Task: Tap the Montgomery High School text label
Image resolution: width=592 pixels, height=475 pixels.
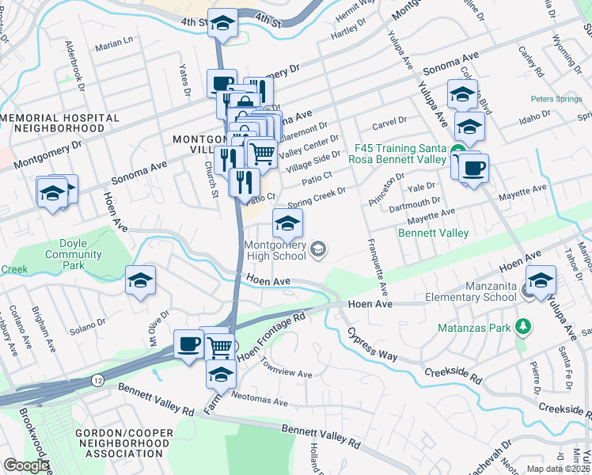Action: [x=275, y=250]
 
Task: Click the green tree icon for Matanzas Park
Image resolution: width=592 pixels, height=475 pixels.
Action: [x=522, y=326]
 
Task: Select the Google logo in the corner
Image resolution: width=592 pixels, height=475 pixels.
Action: [x=26, y=465]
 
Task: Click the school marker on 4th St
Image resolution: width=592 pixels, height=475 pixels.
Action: [x=222, y=25]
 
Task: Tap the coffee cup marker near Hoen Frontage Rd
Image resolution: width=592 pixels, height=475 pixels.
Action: [x=189, y=345]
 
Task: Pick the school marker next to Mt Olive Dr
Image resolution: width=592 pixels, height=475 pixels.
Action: [x=140, y=281]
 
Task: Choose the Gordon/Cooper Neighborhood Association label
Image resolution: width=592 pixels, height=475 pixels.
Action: [x=122, y=443]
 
